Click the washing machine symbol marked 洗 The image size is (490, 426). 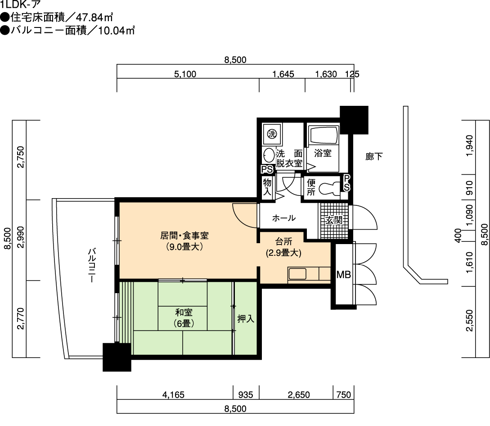(x=272, y=134)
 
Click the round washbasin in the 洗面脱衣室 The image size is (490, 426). (x=269, y=155)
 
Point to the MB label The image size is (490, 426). (x=343, y=275)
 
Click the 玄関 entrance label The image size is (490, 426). (x=334, y=220)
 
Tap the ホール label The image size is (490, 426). (x=284, y=218)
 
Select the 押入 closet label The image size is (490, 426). (x=246, y=319)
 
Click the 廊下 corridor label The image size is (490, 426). (x=374, y=156)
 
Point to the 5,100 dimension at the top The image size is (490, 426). (x=185, y=74)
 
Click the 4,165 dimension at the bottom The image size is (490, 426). (x=173, y=395)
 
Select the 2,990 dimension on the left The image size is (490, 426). (x=20, y=237)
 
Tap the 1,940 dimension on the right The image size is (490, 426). (x=469, y=146)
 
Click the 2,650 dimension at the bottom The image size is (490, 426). (x=299, y=395)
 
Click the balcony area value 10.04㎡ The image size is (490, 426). (x=117, y=31)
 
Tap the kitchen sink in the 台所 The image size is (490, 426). (x=297, y=274)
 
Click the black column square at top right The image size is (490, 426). (x=354, y=120)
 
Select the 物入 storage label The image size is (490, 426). (x=267, y=187)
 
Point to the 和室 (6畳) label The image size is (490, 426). (x=184, y=317)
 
